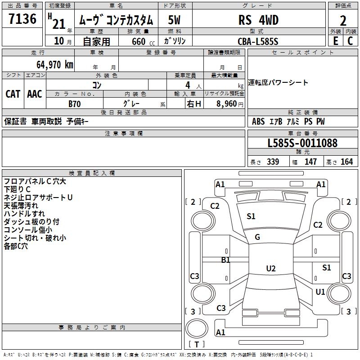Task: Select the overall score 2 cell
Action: (343, 21)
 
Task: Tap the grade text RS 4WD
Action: (258, 20)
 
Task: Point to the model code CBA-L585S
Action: (258, 41)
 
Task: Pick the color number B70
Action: (75, 104)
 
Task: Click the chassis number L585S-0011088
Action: (302, 144)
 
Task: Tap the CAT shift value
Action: (13, 94)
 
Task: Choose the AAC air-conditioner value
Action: (35, 94)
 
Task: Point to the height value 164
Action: (346, 162)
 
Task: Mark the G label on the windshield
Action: (257, 237)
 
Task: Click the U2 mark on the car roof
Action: (270, 269)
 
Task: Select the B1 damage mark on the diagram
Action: (225, 260)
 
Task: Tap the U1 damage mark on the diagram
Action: (320, 292)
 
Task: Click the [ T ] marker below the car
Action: (197, 344)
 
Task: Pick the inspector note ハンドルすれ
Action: (24, 214)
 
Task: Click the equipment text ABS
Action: (258, 121)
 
